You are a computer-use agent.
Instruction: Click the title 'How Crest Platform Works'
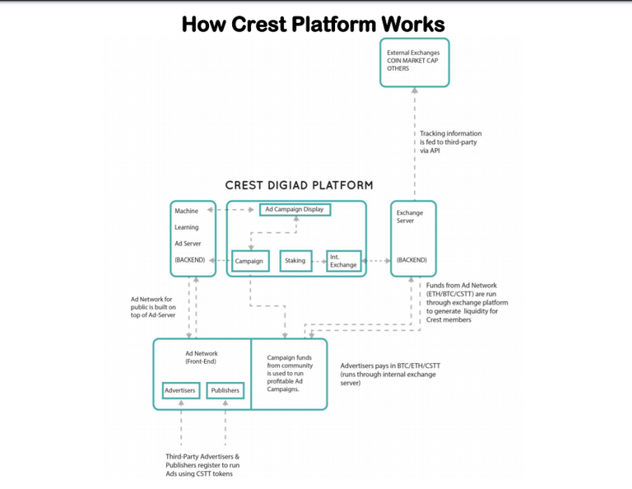[x=314, y=24]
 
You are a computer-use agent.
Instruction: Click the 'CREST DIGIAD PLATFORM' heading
[x=299, y=185]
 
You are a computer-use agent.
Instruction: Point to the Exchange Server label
[x=410, y=217]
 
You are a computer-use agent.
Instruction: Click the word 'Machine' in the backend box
[x=186, y=211]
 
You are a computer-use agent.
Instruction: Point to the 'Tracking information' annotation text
[x=451, y=142]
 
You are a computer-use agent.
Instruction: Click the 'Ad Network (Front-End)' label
[x=201, y=357]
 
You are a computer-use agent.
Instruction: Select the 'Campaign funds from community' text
[x=290, y=373]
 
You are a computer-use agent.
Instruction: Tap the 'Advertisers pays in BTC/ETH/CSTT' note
[x=390, y=374]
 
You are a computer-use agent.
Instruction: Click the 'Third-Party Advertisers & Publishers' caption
[x=202, y=465]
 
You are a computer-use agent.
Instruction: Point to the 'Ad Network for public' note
[x=153, y=307]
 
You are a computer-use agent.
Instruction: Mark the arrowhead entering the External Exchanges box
[x=415, y=91]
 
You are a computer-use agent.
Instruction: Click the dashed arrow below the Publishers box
[x=225, y=422]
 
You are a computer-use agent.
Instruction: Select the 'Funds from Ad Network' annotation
[x=467, y=302]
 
